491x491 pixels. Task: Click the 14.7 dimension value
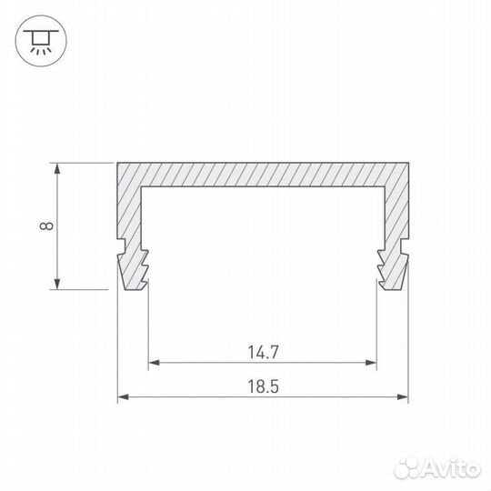[262, 349]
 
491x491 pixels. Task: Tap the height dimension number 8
[44, 225]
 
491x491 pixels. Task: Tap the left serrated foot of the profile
[135, 267]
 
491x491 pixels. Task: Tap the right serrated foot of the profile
[391, 267]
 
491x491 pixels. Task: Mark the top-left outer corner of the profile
[118, 164]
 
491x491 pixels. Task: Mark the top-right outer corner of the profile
[408, 164]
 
